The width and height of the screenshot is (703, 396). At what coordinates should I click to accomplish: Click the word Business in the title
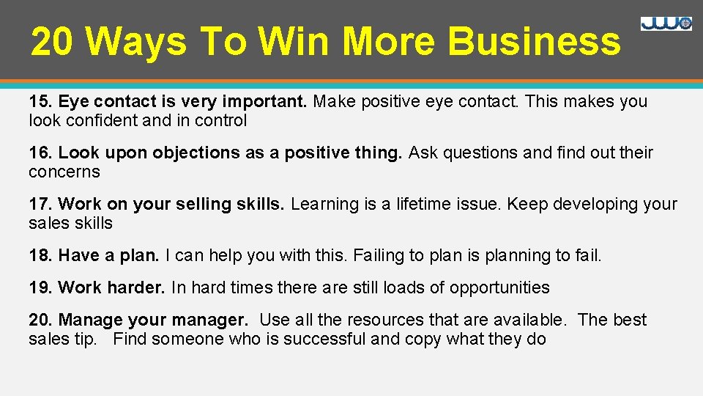534,42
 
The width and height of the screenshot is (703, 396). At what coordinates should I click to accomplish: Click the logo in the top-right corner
666,23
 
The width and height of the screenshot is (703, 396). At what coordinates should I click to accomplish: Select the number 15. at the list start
41,101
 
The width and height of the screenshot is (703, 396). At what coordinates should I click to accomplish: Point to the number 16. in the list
41,153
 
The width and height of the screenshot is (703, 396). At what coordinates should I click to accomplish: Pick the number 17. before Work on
41,204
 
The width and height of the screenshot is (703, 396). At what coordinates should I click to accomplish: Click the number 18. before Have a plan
41,255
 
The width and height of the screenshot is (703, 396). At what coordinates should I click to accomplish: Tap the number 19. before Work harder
41,287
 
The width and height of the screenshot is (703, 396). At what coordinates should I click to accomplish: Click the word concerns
64,172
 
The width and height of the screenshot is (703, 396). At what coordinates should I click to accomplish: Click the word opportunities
499,287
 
